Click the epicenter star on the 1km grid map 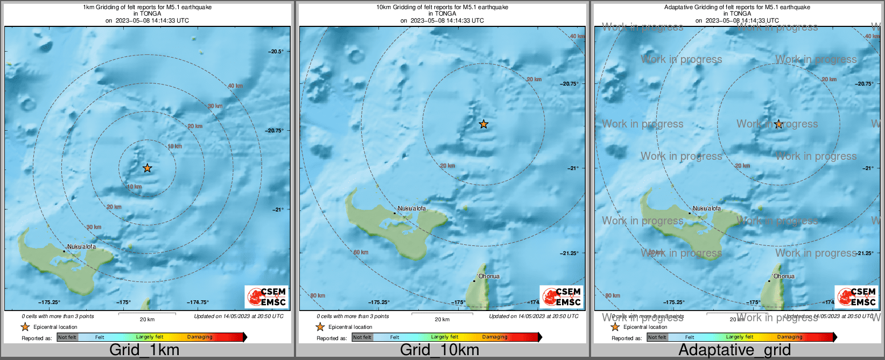point(147,168)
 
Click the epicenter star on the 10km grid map point(483,124)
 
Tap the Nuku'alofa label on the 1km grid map point(81,247)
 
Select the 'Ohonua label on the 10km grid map point(489,276)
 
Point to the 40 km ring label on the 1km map point(235,86)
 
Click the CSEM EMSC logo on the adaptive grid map point(856,297)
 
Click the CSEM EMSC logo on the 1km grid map point(266,297)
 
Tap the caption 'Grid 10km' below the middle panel point(439,350)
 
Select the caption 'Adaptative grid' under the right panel point(734,350)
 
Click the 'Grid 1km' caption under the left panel point(144,350)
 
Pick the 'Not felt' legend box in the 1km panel point(67,337)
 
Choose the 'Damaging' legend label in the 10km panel point(495,337)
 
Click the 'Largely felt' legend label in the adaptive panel point(739,337)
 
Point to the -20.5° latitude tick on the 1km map point(277,52)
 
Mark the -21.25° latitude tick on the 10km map point(569,253)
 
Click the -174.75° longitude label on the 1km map point(198,302)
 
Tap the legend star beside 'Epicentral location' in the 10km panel point(320,327)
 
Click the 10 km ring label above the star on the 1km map point(174,146)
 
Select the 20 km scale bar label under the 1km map point(147,319)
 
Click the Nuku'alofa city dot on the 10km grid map point(395,214)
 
